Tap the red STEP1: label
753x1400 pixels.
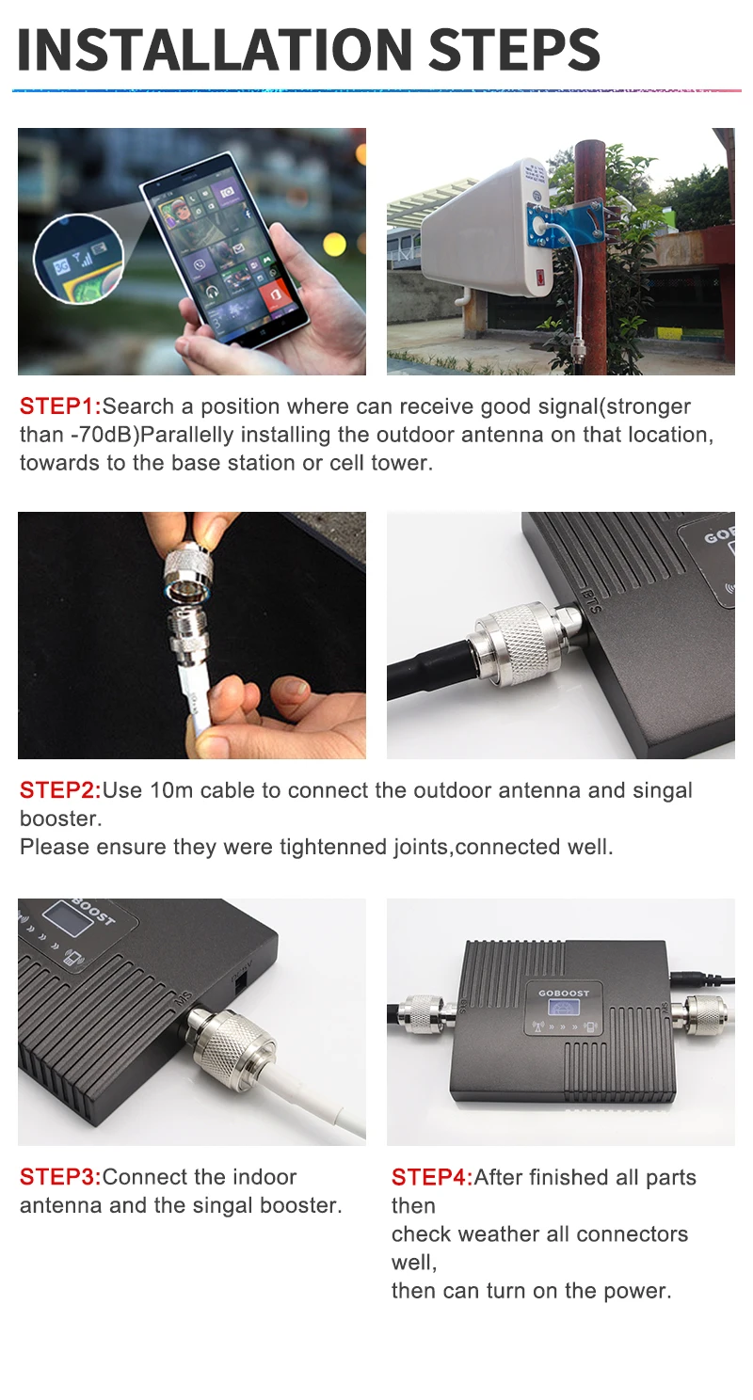pyautogui.click(x=59, y=407)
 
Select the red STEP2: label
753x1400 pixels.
pyautogui.click(x=59, y=790)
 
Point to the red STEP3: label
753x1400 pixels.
pyautogui.click(x=59, y=1177)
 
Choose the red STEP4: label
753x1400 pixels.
pyautogui.click(x=431, y=1177)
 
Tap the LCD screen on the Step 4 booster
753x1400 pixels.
pyautogui.click(x=561, y=1009)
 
